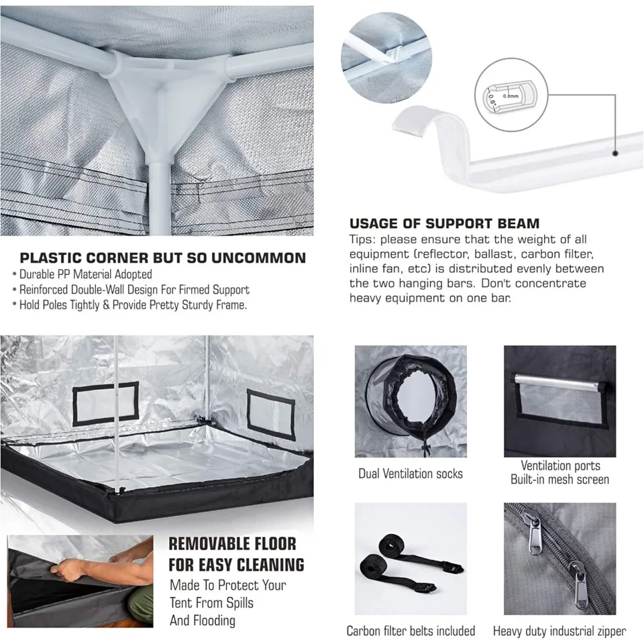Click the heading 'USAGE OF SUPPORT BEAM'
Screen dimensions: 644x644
pyautogui.click(x=444, y=223)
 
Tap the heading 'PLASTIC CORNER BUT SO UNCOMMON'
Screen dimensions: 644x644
pyautogui.click(x=163, y=258)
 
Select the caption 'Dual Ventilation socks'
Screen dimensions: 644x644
pyautogui.click(x=411, y=474)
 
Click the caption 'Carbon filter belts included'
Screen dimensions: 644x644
pyautogui.click(x=411, y=631)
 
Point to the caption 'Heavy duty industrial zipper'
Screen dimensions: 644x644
pyautogui.click(x=559, y=631)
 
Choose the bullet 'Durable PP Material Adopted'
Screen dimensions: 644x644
pyautogui.click(x=82, y=274)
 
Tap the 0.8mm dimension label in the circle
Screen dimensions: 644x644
pyautogui.click(x=511, y=96)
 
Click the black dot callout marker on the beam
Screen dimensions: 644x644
pyautogui.click(x=615, y=153)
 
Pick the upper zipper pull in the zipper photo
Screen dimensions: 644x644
pyautogui.click(x=535, y=535)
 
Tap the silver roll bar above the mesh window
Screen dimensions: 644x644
pyautogui.click(x=559, y=382)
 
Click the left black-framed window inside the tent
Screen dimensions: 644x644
pyautogui.click(x=106, y=404)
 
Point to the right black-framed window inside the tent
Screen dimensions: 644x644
pyautogui.click(x=270, y=415)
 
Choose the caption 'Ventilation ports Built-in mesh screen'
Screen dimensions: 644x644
pyautogui.click(x=559, y=472)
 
